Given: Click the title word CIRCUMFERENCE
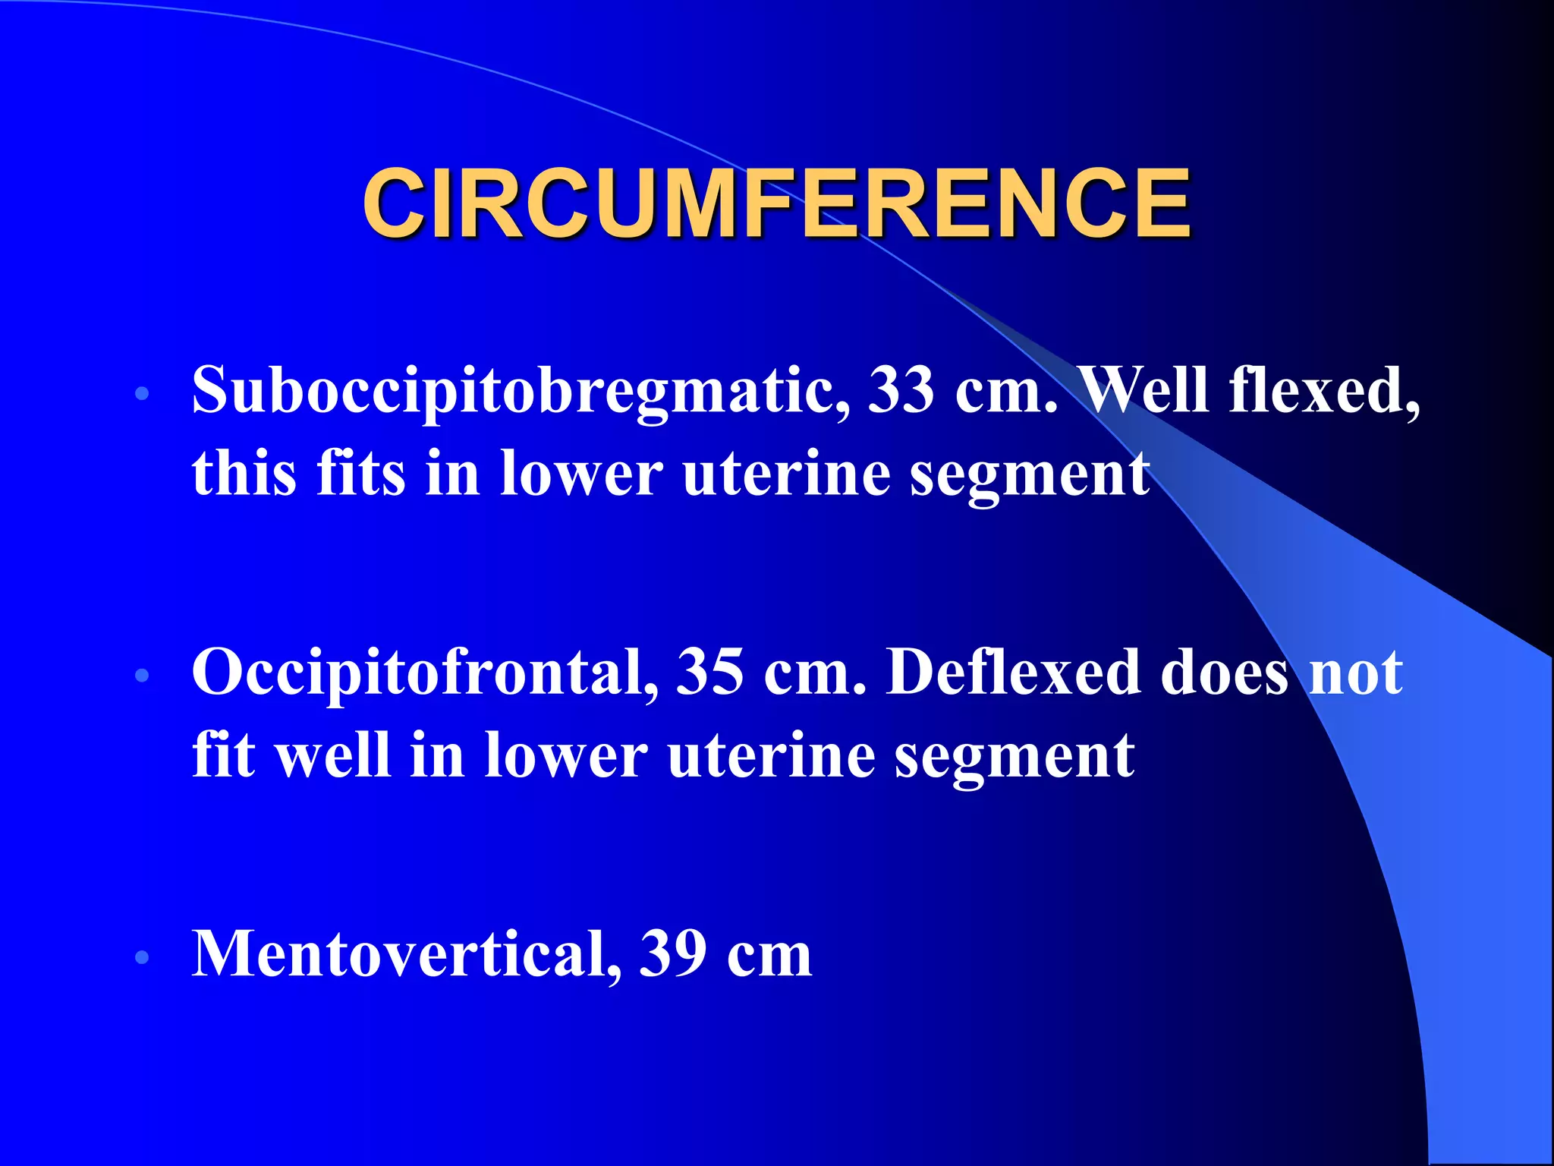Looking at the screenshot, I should coord(775,203).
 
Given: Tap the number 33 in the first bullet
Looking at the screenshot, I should coord(901,391).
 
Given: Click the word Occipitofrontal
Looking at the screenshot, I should coord(425,673).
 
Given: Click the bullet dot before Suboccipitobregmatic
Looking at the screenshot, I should coord(142,394).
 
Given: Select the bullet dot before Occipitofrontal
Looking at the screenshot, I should coord(142,675).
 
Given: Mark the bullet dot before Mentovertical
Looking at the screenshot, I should coord(142,957).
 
